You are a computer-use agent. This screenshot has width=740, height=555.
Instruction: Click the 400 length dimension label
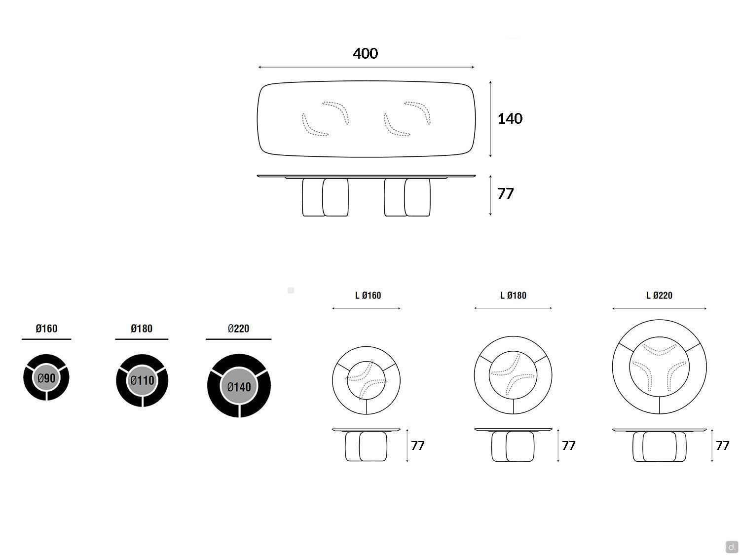point(365,54)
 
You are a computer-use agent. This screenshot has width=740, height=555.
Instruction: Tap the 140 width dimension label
point(510,118)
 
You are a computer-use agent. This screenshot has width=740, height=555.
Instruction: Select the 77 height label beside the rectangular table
point(505,194)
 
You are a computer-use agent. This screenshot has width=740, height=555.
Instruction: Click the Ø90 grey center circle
point(46,378)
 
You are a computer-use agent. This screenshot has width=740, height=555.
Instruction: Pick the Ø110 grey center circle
point(142,380)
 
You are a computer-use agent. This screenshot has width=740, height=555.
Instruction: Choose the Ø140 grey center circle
point(239,386)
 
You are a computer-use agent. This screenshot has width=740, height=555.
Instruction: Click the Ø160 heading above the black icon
point(46,329)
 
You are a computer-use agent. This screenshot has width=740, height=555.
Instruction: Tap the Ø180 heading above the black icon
point(142,329)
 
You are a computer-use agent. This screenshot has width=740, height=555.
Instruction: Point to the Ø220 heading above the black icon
point(238,329)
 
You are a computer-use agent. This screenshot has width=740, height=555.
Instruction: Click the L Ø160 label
point(368,296)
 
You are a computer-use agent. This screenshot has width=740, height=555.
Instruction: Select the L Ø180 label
point(513,296)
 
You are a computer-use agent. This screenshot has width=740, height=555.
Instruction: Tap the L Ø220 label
point(659,296)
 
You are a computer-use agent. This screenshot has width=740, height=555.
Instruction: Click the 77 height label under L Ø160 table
point(418,445)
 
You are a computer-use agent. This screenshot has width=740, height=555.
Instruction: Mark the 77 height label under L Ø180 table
point(568,445)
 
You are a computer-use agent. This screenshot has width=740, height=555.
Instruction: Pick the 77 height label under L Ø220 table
point(722,445)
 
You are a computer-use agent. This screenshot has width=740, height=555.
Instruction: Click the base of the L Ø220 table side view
point(659,447)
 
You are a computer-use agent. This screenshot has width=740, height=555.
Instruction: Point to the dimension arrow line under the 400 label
point(366,68)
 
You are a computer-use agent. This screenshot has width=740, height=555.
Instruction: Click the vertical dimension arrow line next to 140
point(490,119)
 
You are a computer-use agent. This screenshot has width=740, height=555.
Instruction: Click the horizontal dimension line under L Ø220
point(659,309)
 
